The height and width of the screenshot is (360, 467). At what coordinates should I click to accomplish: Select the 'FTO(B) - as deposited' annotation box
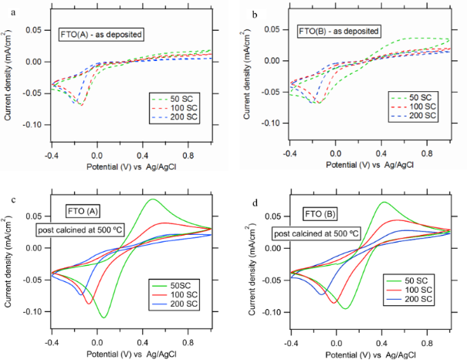click(x=340, y=32)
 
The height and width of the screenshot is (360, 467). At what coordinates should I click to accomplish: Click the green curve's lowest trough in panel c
click(x=103, y=318)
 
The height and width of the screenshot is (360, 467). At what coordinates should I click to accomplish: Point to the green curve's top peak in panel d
click(x=384, y=202)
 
